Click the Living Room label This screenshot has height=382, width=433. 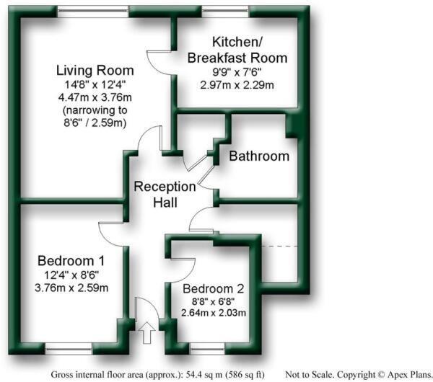[x=95, y=71]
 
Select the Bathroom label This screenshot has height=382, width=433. [x=259, y=156]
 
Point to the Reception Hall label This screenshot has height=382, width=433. [x=165, y=195]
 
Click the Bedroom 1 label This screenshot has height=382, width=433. [x=71, y=260]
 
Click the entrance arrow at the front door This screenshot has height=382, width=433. [x=146, y=333]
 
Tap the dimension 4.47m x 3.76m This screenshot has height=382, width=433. [x=95, y=97]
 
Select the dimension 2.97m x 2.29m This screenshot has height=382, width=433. [x=237, y=84]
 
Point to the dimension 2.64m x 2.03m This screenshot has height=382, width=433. [x=213, y=313]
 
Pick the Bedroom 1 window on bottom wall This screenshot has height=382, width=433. [x=70, y=351]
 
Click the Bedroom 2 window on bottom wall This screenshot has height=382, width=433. [x=208, y=351]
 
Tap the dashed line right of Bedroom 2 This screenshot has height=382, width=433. [x=279, y=247]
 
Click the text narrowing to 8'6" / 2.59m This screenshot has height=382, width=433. [x=95, y=117]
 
